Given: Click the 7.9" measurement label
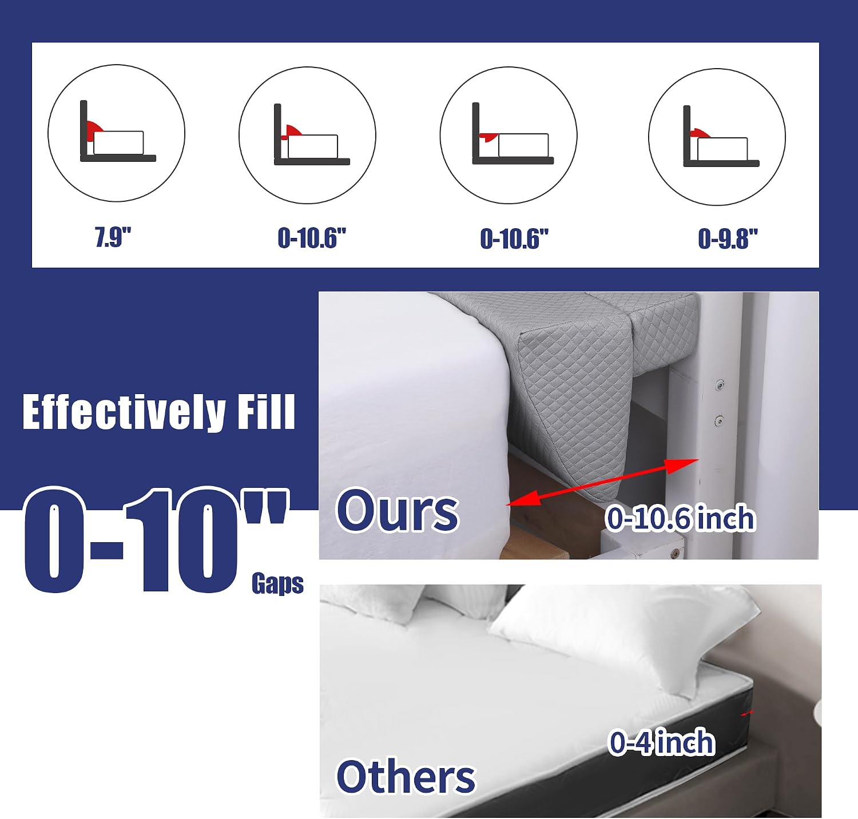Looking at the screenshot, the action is (113, 237).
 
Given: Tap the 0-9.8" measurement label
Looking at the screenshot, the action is (728, 238).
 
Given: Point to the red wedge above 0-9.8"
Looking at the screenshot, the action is (700, 134).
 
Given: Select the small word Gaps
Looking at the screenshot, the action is (277, 583).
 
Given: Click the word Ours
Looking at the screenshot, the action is (398, 510).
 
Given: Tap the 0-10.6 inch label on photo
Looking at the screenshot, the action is (681, 518).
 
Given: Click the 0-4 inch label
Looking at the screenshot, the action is (662, 742).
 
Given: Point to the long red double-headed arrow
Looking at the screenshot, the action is (602, 482).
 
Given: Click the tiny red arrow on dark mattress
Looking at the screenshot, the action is (748, 713).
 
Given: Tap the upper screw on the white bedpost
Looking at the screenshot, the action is (720, 385).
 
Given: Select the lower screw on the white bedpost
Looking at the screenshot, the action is (719, 422).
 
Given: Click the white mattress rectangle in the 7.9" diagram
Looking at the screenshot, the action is (118, 143).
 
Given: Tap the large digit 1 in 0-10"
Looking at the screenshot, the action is (148, 540).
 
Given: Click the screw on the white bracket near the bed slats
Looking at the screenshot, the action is (676, 553).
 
